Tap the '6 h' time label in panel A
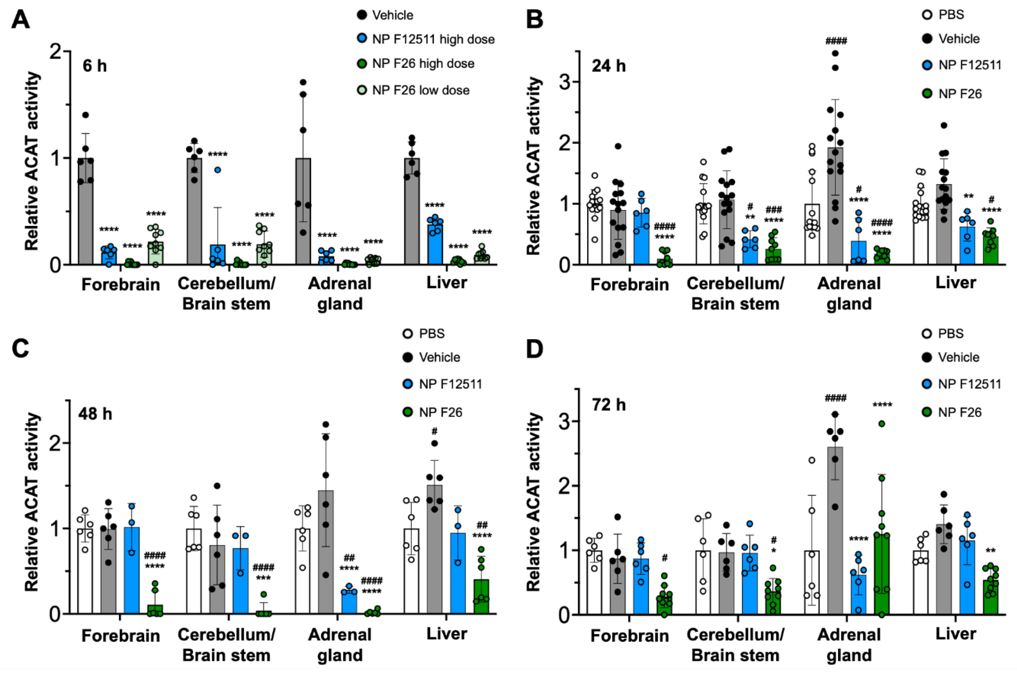point(95,66)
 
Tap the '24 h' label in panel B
point(608,66)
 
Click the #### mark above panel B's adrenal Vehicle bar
point(836,41)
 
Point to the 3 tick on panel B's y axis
point(565,82)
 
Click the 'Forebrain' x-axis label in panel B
point(629,284)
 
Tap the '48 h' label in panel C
point(95,414)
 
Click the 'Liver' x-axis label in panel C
point(447,634)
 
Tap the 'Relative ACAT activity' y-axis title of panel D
point(534,501)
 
